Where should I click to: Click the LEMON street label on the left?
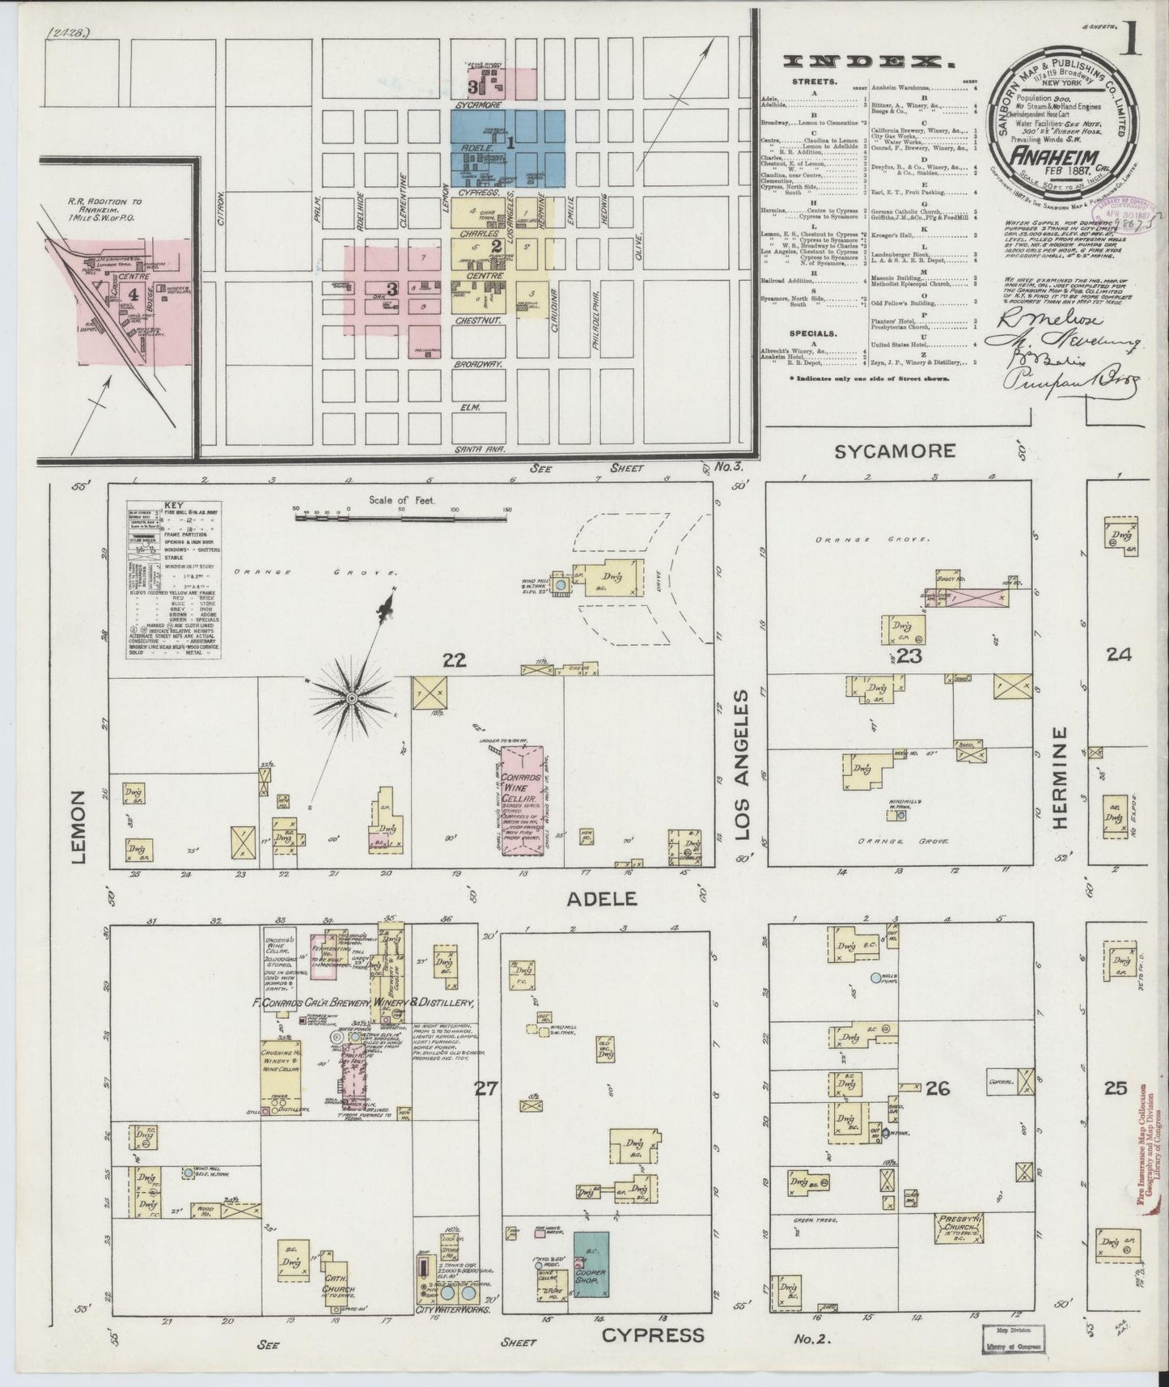(x=78, y=827)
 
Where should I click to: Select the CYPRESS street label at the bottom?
(x=653, y=1334)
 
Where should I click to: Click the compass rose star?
(x=352, y=698)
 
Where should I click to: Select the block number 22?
(x=454, y=660)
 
